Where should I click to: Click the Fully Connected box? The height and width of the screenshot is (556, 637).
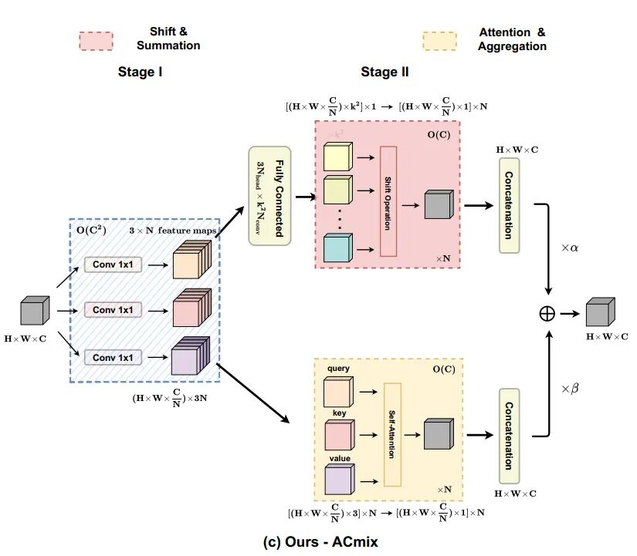[x=269, y=196]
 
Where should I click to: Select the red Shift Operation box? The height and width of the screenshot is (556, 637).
[x=388, y=200]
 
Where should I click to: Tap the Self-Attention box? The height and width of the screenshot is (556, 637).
[x=392, y=434]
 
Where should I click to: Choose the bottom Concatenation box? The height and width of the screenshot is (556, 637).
[x=510, y=435]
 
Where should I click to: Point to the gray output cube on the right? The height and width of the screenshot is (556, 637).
[x=598, y=313]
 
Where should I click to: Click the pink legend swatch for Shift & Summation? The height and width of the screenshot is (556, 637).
[x=96, y=42]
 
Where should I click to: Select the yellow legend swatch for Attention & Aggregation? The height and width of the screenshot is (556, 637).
[x=439, y=41]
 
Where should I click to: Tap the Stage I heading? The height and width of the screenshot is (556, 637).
[x=140, y=72]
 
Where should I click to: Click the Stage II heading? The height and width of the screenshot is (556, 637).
[x=385, y=72]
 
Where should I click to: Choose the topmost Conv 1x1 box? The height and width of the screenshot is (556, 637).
[x=114, y=265]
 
